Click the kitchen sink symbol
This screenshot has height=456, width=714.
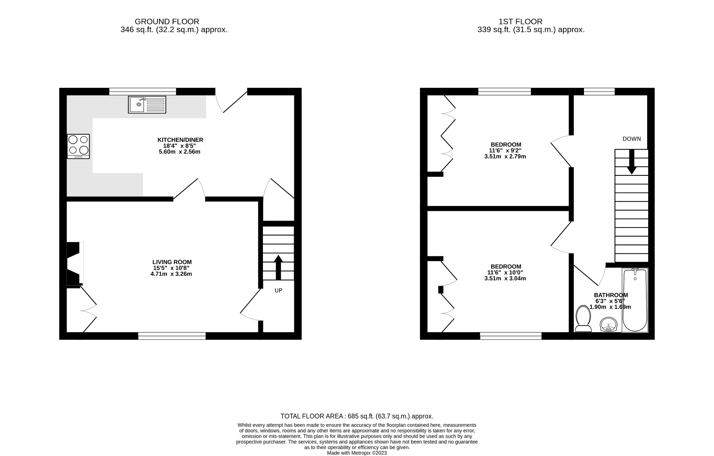click(147, 105)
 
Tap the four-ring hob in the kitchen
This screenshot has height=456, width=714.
click(78, 146)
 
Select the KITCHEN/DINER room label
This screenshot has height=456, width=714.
click(180, 140)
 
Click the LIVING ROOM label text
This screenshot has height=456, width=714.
click(172, 262)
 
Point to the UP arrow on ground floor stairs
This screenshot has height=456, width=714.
click(278, 267)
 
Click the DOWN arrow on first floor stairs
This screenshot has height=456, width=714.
click(631, 162)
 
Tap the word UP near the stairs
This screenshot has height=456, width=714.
click(278, 290)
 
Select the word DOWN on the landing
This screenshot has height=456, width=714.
click(631, 139)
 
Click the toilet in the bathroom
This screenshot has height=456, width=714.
click(583, 318)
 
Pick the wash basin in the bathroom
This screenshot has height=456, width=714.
click(608, 324)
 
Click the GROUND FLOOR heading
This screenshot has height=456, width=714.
click(167, 22)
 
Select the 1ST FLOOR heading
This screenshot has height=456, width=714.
click(520, 22)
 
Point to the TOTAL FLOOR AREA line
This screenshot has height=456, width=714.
click(357, 416)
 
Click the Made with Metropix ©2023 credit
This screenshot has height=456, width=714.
click(357, 453)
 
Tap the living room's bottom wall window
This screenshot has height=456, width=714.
click(172, 336)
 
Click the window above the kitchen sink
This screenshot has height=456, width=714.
click(142, 92)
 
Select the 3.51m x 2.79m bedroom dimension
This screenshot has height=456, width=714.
click(505, 157)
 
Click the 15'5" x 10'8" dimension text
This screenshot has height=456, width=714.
click(171, 268)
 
